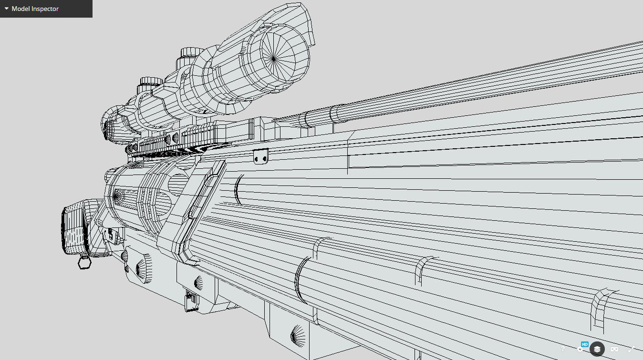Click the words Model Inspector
35,9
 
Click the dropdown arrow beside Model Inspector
7,9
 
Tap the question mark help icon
563,349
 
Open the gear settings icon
580,350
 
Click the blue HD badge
584,344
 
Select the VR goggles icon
614,349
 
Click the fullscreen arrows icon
632,349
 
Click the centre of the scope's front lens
273,59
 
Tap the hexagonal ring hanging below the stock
84,262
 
